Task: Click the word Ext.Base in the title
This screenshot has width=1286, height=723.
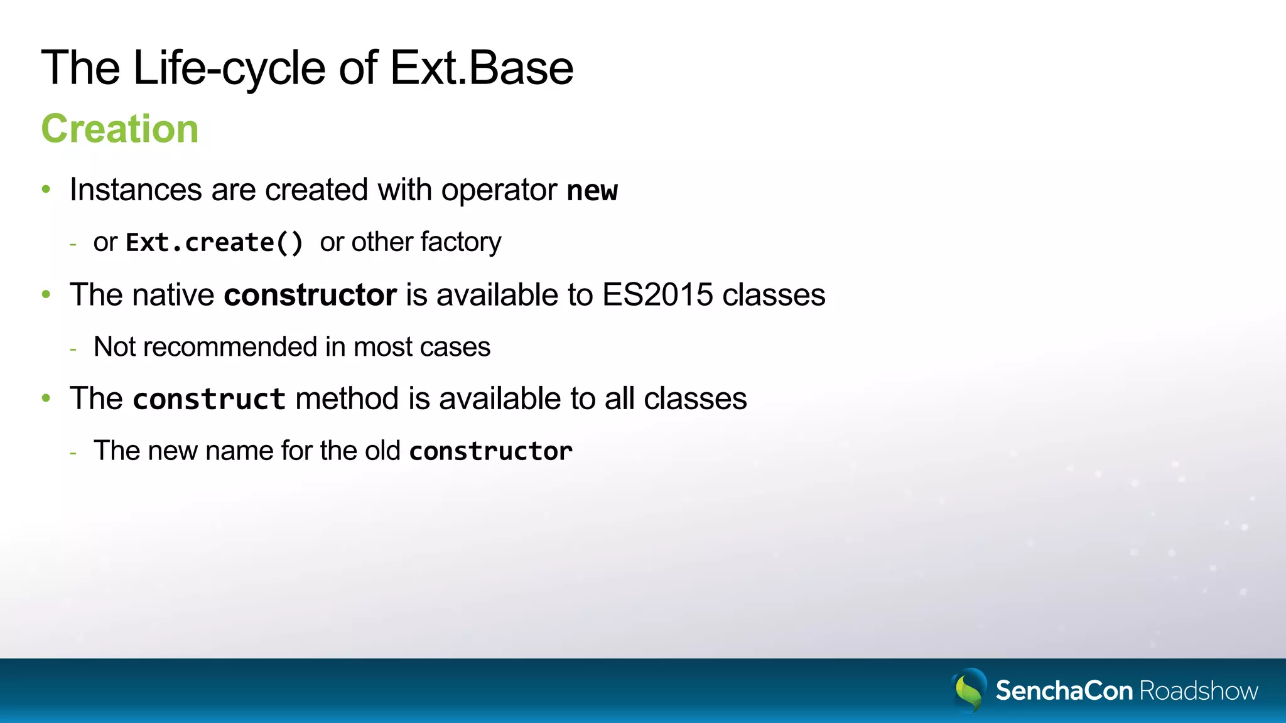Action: (481, 68)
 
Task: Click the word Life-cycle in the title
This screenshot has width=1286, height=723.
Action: (229, 68)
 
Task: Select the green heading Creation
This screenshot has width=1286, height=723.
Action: (120, 129)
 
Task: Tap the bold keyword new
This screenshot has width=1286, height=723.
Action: (592, 191)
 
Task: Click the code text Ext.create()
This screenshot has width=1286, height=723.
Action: (215, 242)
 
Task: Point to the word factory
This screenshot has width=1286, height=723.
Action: (461, 242)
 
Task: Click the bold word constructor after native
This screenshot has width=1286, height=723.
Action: (310, 295)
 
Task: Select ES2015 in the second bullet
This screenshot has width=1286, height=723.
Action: (657, 295)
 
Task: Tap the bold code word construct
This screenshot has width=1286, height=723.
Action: (209, 399)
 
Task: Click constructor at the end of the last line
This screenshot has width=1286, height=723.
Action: (490, 451)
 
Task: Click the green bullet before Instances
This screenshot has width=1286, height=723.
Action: (46, 190)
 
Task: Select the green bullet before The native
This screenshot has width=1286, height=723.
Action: (46, 294)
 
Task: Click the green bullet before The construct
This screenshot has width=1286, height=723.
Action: (46, 399)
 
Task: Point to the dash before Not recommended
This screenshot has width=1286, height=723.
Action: (73, 348)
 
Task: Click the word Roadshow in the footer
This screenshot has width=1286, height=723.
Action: (1198, 691)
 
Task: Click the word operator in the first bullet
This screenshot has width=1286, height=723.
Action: (499, 191)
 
